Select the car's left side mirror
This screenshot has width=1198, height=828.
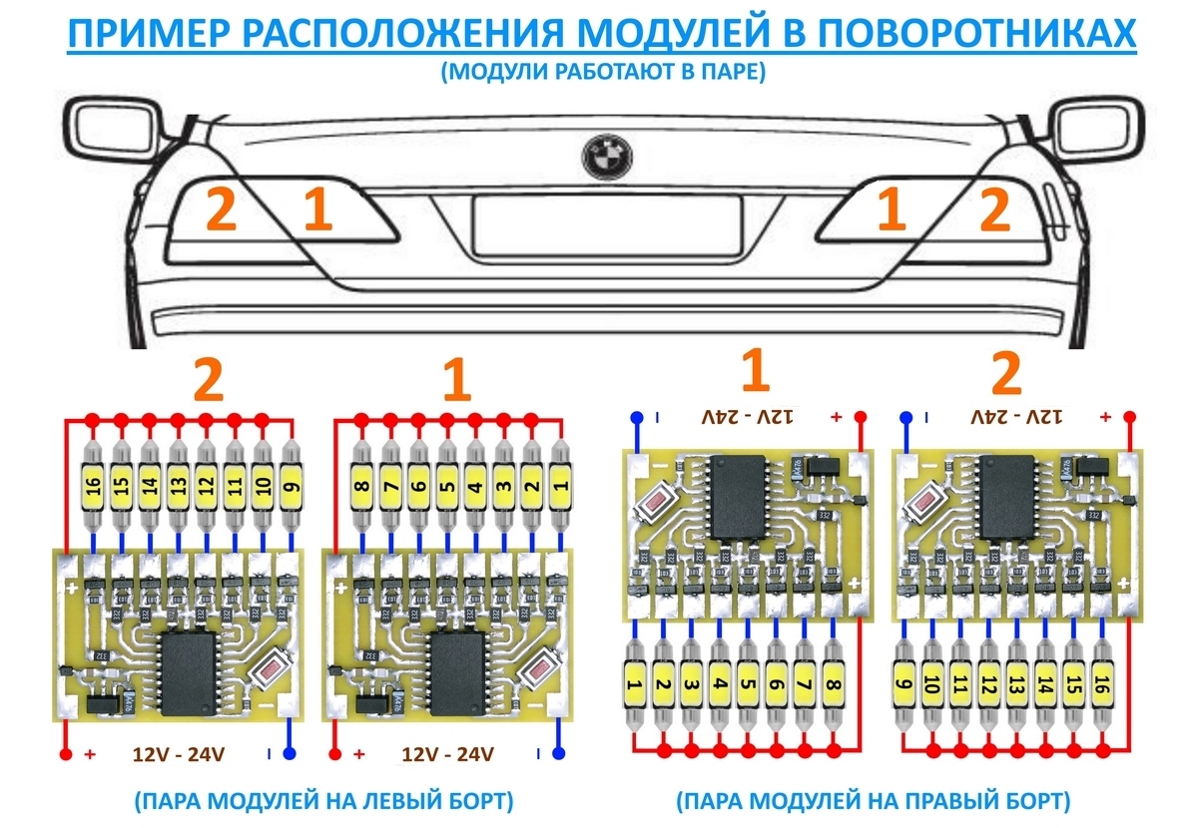(x=110, y=130)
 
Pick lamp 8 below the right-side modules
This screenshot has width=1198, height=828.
(x=834, y=685)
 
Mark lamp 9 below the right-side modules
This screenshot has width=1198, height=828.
(x=904, y=685)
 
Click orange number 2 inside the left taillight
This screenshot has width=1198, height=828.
(x=221, y=210)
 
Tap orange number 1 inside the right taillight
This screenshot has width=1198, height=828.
(x=891, y=210)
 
